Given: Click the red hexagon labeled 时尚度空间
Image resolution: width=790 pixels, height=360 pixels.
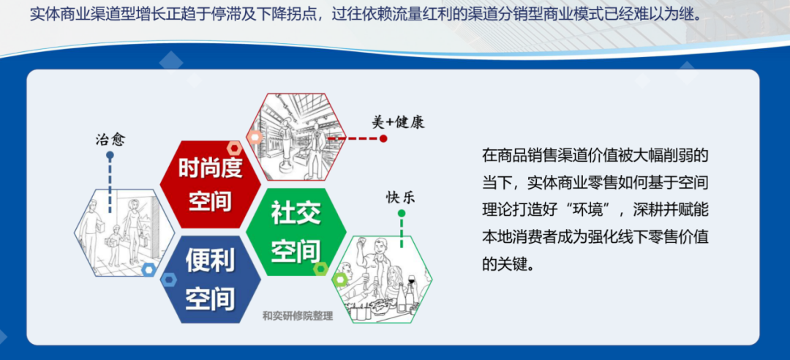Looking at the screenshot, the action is [210, 184].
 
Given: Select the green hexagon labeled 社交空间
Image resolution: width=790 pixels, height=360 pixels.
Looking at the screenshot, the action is [296, 232].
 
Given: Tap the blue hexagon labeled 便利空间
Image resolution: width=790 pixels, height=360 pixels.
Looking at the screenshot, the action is [210, 280].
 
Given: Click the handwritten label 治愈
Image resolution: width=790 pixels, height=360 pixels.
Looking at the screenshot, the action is [110, 139].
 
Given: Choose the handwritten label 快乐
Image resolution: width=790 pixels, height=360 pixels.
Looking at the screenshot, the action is [401, 197].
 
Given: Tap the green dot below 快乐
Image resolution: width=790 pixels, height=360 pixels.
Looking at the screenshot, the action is [401, 213].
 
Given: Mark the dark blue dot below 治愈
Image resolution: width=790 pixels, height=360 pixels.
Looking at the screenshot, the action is [110, 155].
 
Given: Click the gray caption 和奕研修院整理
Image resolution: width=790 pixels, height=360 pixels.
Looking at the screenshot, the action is [298, 317].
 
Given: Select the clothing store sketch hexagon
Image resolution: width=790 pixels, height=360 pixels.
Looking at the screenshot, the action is [296, 137].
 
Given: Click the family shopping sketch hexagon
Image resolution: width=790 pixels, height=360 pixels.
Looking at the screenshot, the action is [124, 233].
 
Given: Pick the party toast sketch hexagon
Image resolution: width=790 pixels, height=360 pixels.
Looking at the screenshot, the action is [382, 280].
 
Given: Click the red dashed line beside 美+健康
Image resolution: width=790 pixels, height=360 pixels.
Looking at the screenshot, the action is [354, 138].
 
